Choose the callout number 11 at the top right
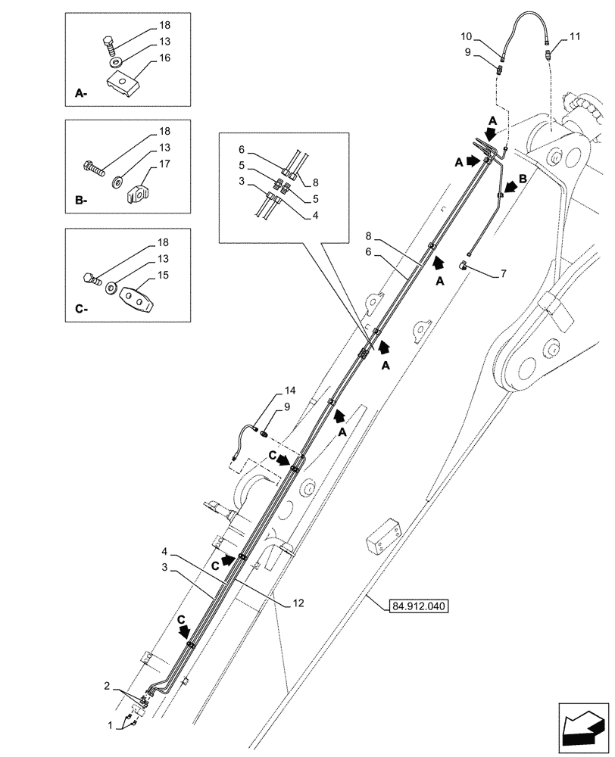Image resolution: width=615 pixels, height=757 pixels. [x=574, y=36]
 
